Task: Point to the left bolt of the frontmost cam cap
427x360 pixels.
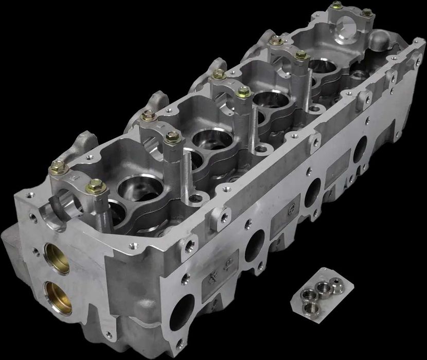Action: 57,167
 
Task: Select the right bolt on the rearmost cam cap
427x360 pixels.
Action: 366,13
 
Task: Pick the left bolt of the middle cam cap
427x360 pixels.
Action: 219,75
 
